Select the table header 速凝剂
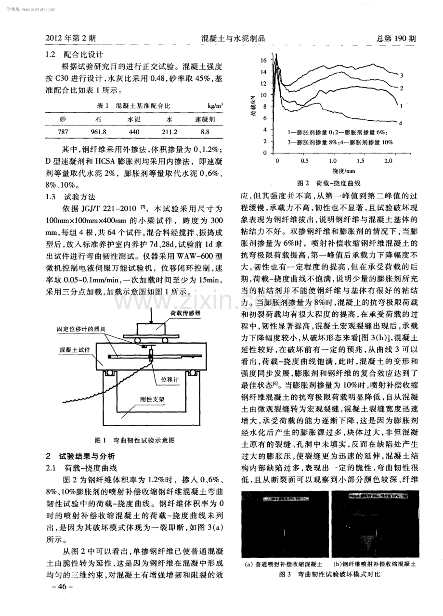205,119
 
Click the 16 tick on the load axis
263,61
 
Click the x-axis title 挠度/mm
343,170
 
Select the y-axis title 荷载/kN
253,107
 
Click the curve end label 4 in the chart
401,124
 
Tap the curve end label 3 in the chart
401,75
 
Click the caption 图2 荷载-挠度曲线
329,183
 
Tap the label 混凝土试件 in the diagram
75,347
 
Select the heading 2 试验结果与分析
80,455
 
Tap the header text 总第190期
395,38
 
